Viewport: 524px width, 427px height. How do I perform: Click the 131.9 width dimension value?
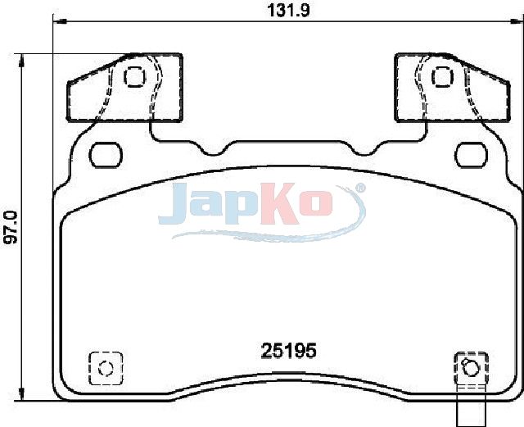click(288, 10)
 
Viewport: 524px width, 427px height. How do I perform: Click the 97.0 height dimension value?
click(11, 227)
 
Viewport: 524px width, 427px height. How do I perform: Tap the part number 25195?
click(288, 351)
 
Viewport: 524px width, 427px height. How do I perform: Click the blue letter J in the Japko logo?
click(173, 204)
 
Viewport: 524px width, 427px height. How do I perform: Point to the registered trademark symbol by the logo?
click(360, 188)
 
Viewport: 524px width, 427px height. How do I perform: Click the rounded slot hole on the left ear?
click(106, 155)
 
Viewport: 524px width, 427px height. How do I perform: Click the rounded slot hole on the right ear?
click(472, 155)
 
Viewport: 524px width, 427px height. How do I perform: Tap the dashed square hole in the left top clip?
click(134, 77)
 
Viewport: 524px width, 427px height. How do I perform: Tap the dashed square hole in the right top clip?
click(443, 77)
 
